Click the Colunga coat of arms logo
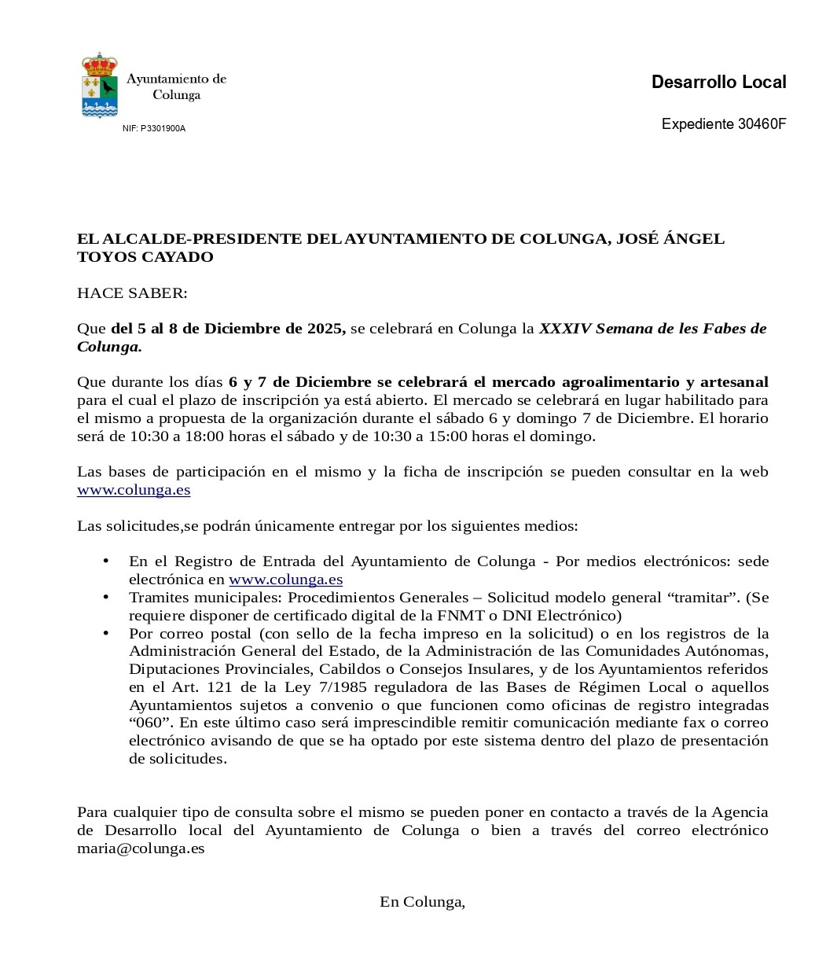click(100, 85)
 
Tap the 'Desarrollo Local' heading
click(718, 82)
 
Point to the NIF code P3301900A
click(163, 128)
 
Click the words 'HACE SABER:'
click(132, 293)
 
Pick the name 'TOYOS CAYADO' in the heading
click(145, 257)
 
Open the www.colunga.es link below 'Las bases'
click(134, 490)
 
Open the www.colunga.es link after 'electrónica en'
click(285, 580)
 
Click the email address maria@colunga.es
click(141, 848)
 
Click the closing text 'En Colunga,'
click(422, 902)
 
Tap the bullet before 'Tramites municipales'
click(105, 598)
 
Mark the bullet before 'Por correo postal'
click(105, 633)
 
